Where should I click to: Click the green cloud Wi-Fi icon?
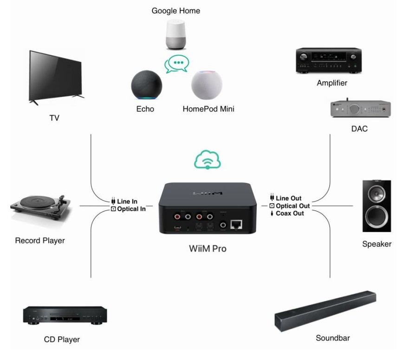click(207, 161)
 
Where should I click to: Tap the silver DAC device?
click(360, 109)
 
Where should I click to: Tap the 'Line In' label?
click(130, 202)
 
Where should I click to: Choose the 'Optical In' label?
click(132, 209)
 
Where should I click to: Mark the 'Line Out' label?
click(288, 199)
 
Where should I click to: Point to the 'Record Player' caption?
click(40, 240)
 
